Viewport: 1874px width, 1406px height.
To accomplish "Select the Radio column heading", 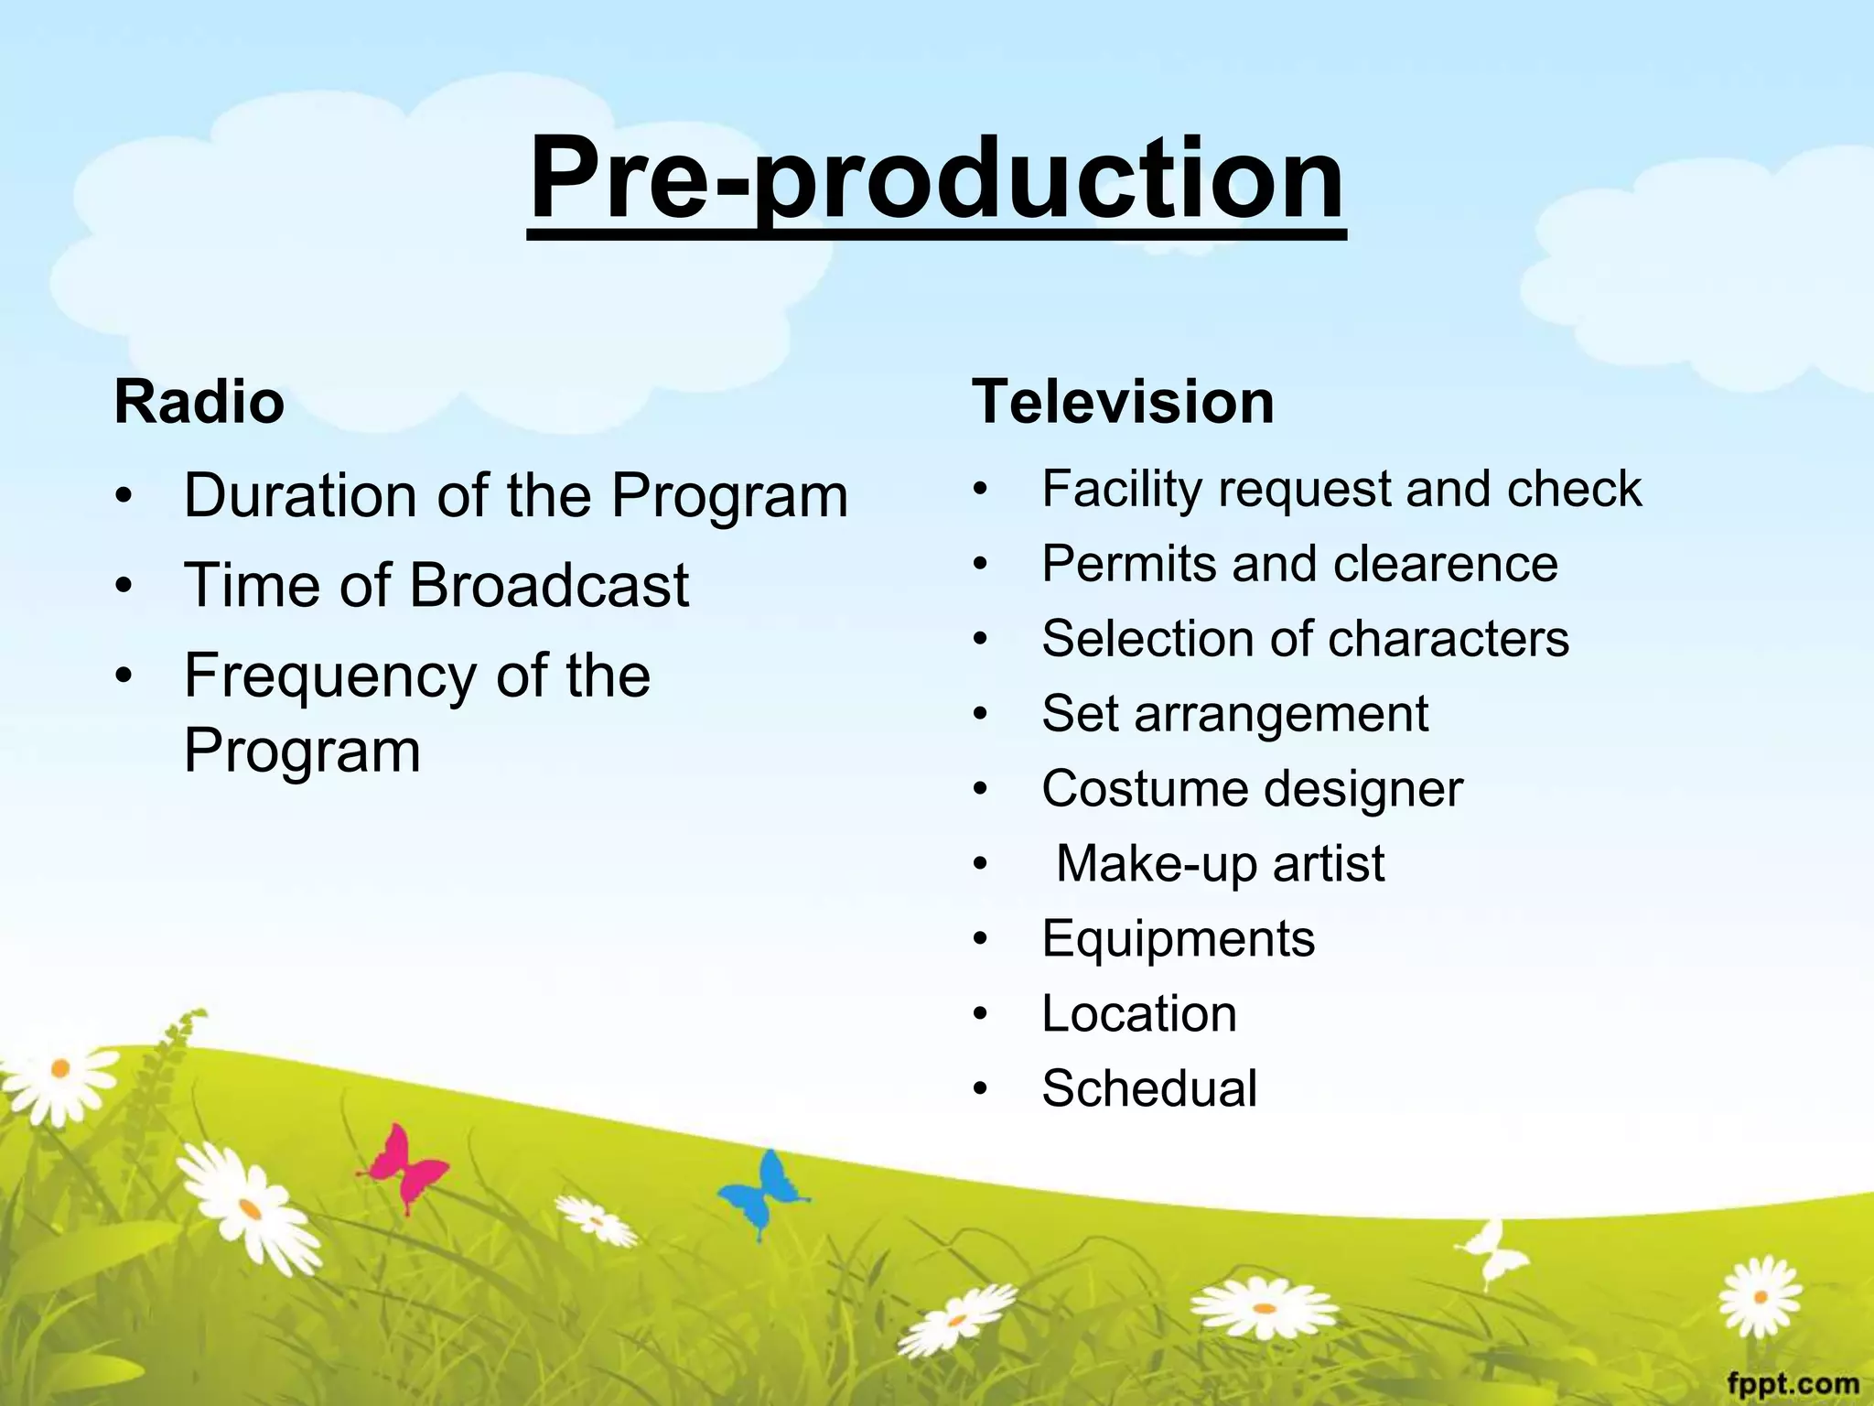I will tap(199, 402).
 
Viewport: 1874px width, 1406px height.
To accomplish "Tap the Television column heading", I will tap(1123, 402).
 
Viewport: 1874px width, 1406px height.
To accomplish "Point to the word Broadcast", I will tap(549, 585).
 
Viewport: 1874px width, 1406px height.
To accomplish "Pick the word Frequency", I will tap(329, 677).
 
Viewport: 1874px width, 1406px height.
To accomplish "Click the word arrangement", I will tap(1281, 714).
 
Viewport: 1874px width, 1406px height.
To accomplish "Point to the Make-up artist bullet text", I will tap(1220, 864).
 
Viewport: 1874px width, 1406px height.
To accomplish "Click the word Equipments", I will tap(1178, 939).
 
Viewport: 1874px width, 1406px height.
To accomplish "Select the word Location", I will tap(1139, 1014).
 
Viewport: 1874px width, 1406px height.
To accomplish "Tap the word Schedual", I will tap(1149, 1089).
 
